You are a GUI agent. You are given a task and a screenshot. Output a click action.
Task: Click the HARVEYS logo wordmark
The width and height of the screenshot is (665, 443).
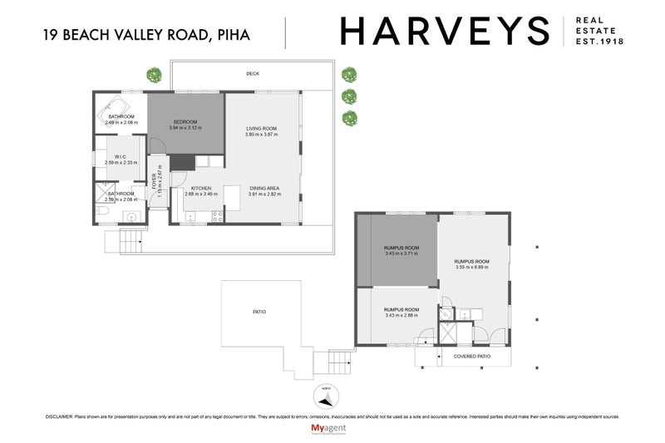coord(444,32)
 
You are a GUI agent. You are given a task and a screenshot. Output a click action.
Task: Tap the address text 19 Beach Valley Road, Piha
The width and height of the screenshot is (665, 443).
coord(146,34)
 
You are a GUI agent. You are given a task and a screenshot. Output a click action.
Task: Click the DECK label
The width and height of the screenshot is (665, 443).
coord(253,74)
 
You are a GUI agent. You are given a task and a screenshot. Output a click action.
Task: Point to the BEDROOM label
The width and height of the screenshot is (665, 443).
coord(185,121)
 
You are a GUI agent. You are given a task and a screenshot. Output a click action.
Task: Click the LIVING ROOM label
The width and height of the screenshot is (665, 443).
coord(260,128)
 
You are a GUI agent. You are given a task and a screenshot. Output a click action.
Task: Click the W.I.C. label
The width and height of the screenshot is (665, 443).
coord(121,156)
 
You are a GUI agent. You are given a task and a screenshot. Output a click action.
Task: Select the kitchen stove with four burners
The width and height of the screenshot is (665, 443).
coord(218,217)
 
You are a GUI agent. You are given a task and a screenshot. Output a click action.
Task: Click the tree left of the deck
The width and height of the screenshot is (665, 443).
coord(153,75)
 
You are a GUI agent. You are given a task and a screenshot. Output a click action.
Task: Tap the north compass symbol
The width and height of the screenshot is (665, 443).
coord(325,394)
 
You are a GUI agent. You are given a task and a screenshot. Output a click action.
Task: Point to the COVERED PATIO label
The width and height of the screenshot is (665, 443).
coord(470,357)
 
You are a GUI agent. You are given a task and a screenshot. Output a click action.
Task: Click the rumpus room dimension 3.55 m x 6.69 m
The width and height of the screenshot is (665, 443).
coord(472,268)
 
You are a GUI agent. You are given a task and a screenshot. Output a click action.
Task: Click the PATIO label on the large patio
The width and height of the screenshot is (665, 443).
coord(259,312)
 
